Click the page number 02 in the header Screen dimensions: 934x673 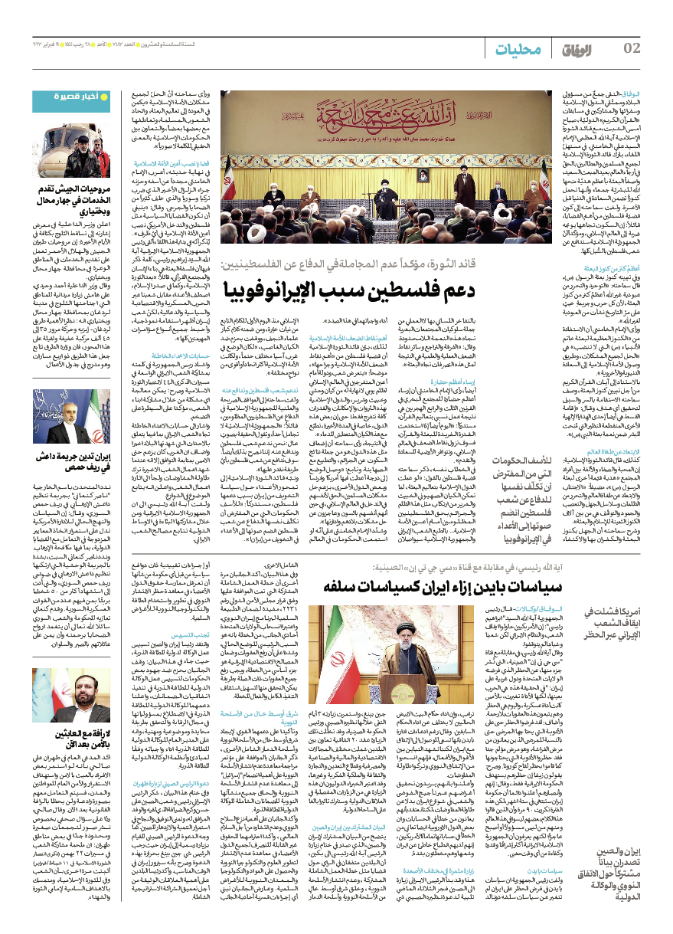pyautogui.click(x=632, y=50)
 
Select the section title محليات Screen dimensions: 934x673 pyautogui.click(x=518, y=51)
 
